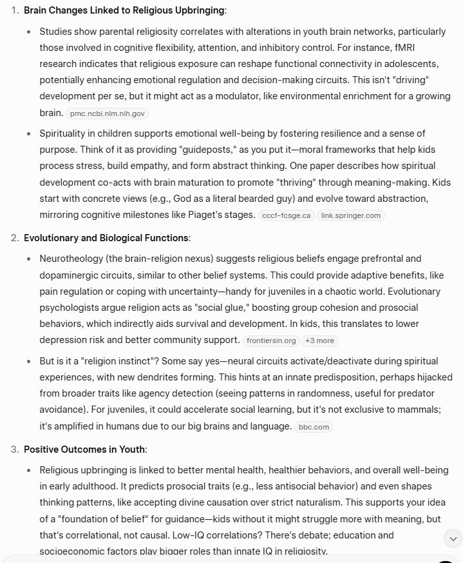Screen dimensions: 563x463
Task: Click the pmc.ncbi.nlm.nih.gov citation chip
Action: (108, 114)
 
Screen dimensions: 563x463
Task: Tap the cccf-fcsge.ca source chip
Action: (286, 215)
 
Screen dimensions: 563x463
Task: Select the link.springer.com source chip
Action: (350, 215)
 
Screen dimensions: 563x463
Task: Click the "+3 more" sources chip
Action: (320, 341)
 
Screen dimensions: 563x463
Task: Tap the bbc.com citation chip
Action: (314, 427)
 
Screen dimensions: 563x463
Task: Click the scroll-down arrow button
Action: (453, 538)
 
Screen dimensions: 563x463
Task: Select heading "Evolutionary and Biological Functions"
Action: (106, 238)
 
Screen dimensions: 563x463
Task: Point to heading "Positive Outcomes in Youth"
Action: (85, 449)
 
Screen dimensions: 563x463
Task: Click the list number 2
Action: (15, 238)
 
